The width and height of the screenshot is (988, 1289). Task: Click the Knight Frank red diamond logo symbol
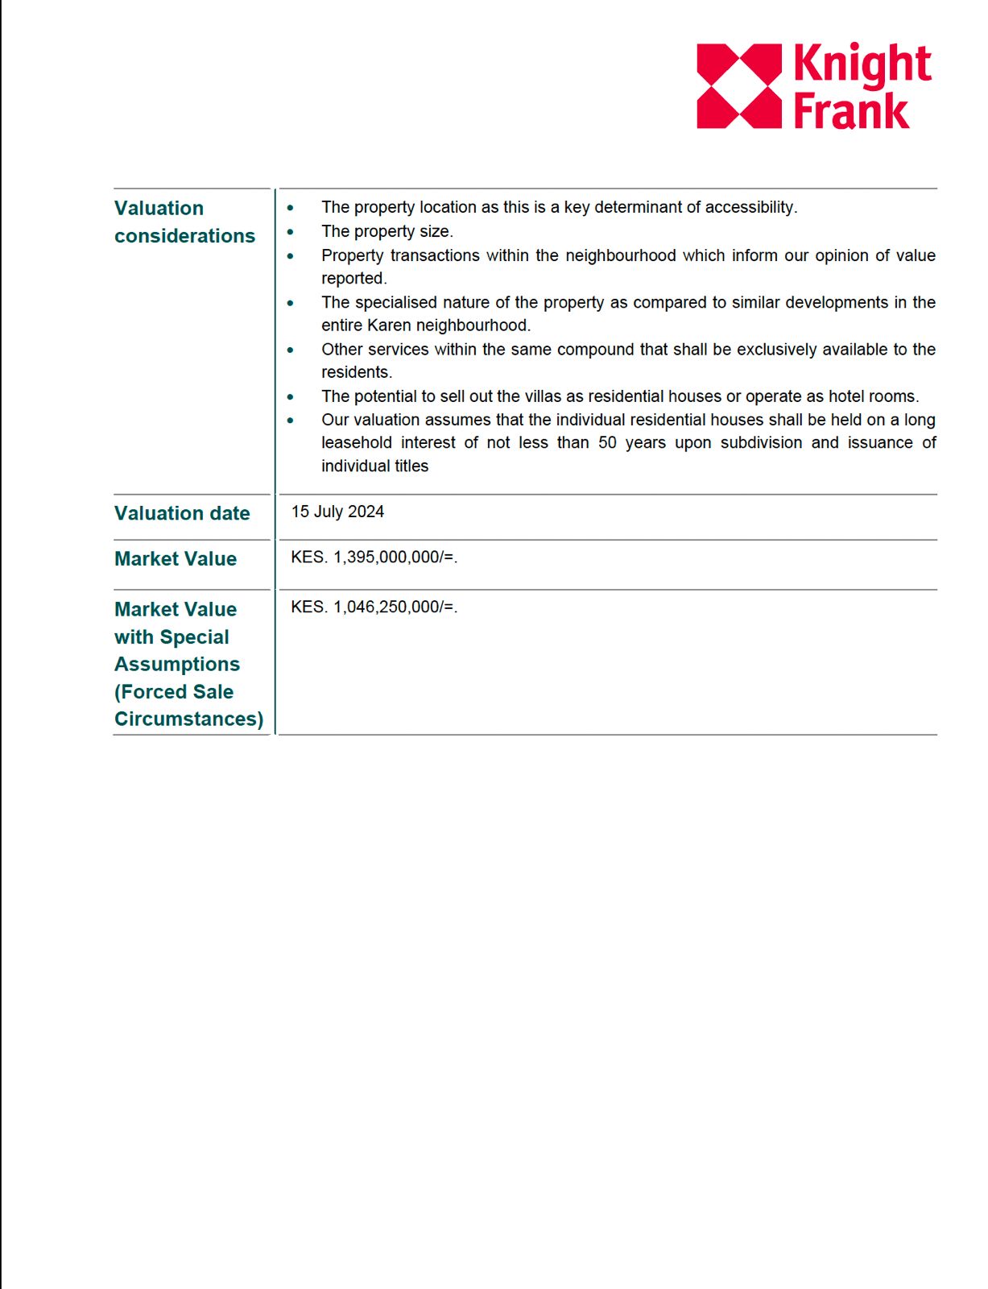click(x=738, y=86)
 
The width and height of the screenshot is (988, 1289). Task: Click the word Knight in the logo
click(x=862, y=65)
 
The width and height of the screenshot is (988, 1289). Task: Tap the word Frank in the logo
click(x=850, y=111)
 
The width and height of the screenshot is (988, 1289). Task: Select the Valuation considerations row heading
click(x=184, y=222)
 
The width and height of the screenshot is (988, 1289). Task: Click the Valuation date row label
click(x=182, y=513)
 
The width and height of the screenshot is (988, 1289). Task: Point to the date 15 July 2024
click(x=337, y=512)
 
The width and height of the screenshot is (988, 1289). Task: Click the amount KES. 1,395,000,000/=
click(x=374, y=557)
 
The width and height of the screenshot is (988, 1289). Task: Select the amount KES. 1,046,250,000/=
click(x=374, y=607)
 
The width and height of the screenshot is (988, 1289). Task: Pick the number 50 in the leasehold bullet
click(x=607, y=443)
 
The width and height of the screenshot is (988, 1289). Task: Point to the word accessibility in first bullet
click(x=750, y=208)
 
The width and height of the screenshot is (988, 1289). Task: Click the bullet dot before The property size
click(x=291, y=232)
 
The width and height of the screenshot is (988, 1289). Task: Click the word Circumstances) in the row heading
click(x=188, y=719)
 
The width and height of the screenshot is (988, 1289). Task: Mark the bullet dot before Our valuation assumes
click(x=291, y=421)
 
